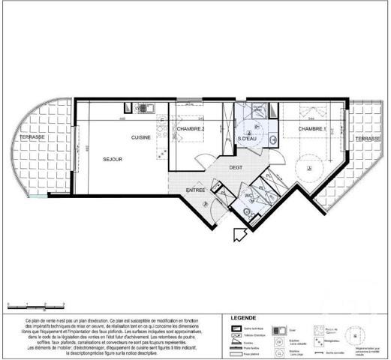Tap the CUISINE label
pos(141,138)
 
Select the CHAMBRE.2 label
pos(191,129)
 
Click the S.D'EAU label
pos(248,139)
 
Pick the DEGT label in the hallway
pos(236,167)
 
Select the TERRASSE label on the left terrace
pos(33,138)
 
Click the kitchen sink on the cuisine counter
pos(162,121)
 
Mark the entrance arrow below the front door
pos(240,235)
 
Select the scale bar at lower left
pos(27,305)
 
